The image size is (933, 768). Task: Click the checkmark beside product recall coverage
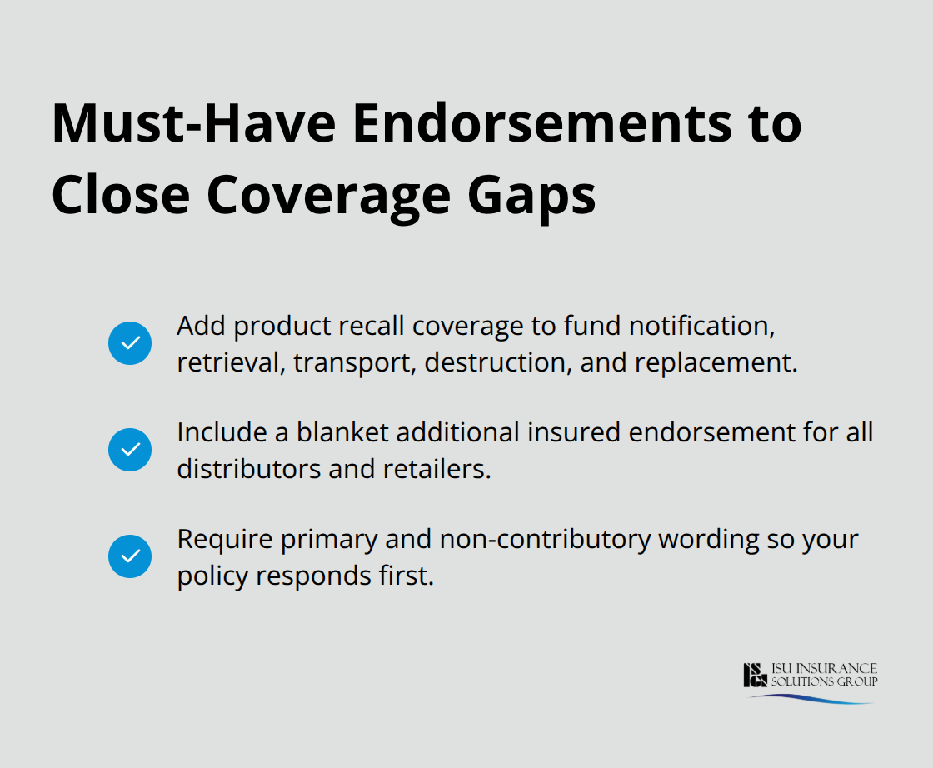click(130, 343)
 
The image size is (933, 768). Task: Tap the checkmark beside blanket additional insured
click(130, 450)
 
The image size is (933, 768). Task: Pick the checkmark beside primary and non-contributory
click(130, 556)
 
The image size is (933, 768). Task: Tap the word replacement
click(719, 363)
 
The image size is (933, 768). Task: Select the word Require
click(225, 540)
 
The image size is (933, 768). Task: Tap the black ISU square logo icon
click(755, 675)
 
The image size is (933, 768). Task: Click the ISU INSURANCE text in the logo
click(825, 669)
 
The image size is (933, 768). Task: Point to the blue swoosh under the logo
click(812, 698)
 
